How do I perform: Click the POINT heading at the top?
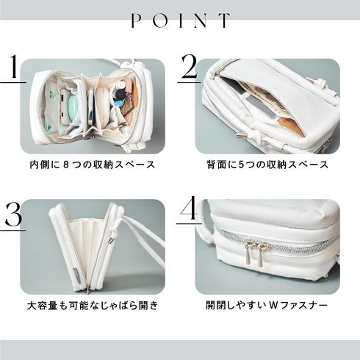(x=181, y=21)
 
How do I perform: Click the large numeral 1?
(x=13, y=67)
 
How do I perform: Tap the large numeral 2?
(x=190, y=66)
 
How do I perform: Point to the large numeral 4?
(x=189, y=208)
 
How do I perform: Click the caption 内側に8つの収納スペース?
(x=93, y=165)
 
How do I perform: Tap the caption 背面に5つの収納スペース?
(x=267, y=165)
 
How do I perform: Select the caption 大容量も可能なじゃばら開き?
(x=93, y=306)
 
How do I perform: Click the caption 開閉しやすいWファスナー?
(x=267, y=306)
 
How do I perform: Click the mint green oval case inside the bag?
(x=74, y=107)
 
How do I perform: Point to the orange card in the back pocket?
(x=291, y=127)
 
